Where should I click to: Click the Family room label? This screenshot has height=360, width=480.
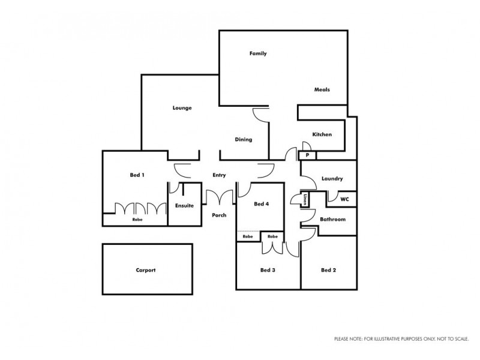click(x=258, y=53)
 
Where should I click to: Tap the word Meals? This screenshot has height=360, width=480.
click(x=322, y=90)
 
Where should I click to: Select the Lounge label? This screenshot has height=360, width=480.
click(x=182, y=108)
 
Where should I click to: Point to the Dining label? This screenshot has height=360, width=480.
click(x=243, y=139)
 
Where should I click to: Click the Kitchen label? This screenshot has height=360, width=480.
click(x=322, y=134)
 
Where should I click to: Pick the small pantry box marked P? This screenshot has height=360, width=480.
click(x=307, y=155)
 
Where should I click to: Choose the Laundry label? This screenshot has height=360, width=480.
click(x=332, y=179)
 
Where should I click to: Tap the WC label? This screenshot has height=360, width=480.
click(x=344, y=198)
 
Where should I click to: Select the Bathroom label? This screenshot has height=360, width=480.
click(x=332, y=220)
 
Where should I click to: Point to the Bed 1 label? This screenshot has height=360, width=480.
click(x=137, y=175)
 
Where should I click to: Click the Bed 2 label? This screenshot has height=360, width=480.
click(x=328, y=270)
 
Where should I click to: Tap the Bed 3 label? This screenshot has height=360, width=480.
click(x=268, y=270)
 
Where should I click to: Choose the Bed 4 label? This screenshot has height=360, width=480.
click(x=261, y=204)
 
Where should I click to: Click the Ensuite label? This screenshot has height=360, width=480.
click(x=184, y=205)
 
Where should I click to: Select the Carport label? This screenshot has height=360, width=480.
click(x=145, y=270)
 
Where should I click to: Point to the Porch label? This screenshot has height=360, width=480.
click(x=219, y=215)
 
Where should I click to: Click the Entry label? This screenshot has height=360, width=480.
click(x=219, y=175)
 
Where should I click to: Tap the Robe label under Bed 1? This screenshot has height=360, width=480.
click(x=137, y=220)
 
